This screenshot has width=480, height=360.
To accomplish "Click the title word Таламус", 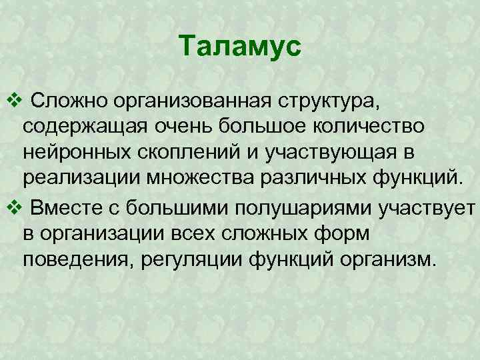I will tap(241, 47).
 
